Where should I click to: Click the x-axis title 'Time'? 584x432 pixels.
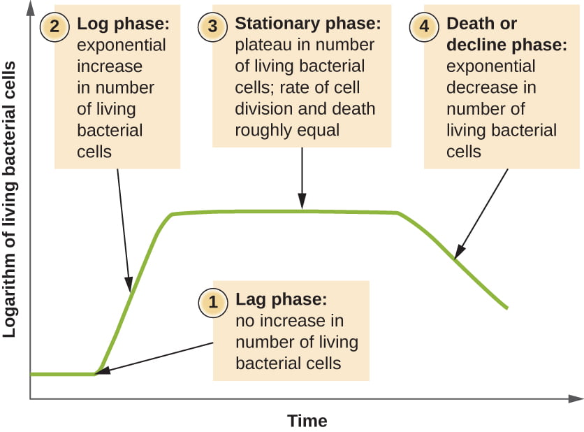coord(307,422)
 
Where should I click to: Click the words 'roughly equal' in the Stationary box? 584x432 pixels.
coord(287,130)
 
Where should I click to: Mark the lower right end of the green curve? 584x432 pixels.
coord(506,307)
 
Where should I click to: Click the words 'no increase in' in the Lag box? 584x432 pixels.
coord(290,322)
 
